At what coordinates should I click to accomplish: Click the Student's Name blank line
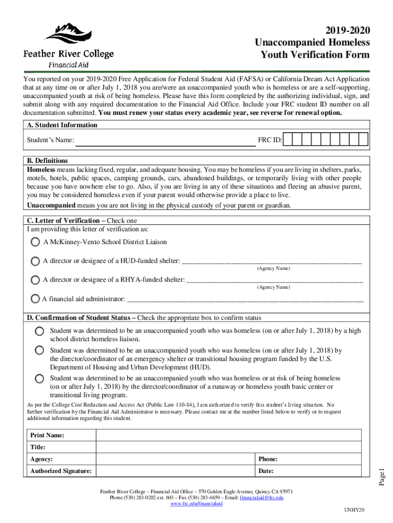165,140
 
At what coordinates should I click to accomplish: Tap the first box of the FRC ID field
288,139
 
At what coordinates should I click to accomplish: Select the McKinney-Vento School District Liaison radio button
35,242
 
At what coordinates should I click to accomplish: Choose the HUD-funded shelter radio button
35,261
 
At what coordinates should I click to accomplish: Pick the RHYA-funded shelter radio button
35,280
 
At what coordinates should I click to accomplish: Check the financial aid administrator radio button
35,298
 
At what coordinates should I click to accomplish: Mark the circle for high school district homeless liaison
39,331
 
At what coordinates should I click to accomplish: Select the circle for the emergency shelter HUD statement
39,350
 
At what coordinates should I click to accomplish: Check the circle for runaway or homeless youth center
39,378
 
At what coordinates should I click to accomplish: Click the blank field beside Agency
176,459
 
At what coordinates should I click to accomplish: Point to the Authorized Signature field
176,471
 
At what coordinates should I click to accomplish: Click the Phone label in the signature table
268,459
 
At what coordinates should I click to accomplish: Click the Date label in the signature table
266,471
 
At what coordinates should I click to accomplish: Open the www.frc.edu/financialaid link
196,503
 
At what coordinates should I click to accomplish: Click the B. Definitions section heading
47,160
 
